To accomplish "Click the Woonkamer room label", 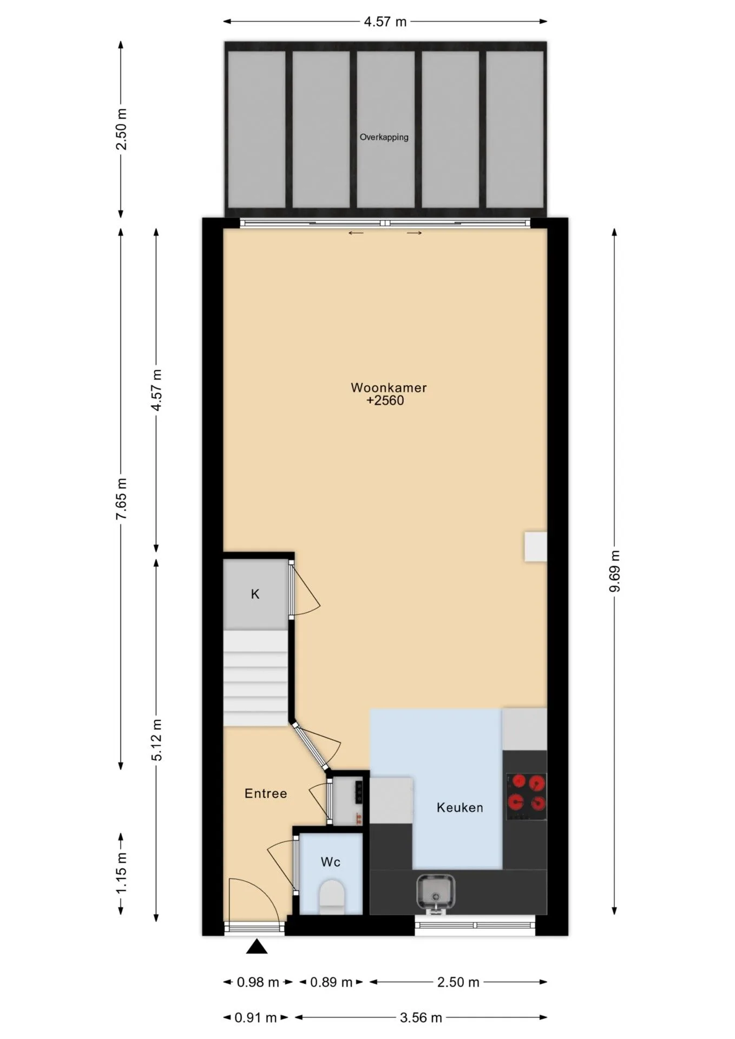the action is point(389,387).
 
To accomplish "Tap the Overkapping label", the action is point(384,137).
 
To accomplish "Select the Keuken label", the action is point(460,807).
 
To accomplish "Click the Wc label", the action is point(330,862).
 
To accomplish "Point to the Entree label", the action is point(266,793).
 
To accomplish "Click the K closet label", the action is point(255,594).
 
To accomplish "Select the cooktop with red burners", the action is point(526,796).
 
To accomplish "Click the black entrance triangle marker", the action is point(257,946).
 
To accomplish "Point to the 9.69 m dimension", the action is point(614,571).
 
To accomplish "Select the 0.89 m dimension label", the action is point(331,982).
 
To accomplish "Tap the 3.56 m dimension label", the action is point(421,1018).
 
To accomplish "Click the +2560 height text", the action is point(385,400).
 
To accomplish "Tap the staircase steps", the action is point(255,678).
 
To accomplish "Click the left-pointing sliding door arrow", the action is point(356,233).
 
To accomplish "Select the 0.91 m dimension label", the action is point(255,1018).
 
